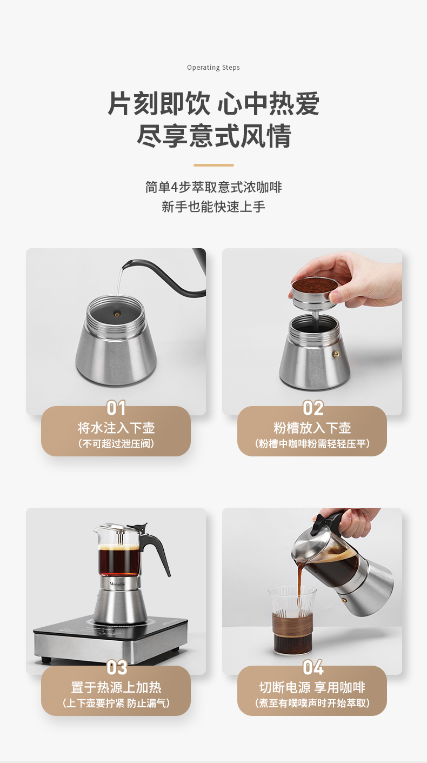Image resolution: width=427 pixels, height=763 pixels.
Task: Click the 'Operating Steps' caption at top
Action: coord(213,68)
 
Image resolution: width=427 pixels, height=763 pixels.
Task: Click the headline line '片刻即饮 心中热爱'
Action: coord(213,104)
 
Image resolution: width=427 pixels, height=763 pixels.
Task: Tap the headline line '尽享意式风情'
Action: coord(213,136)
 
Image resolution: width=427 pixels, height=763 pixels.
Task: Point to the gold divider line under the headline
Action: coord(213,165)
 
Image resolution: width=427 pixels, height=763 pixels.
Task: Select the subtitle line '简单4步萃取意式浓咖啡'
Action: coord(213,188)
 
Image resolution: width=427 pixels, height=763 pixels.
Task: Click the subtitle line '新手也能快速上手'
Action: coord(213,207)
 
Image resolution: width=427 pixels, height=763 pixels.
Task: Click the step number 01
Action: coord(116,408)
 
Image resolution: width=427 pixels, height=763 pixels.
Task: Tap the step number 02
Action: coord(312,408)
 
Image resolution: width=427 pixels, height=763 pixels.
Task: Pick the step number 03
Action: coord(116,667)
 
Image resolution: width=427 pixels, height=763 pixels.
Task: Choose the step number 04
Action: coord(312,667)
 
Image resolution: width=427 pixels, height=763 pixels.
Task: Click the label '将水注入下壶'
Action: coord(116,428)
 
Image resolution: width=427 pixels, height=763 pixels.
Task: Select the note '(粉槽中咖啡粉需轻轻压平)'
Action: coord(312,444)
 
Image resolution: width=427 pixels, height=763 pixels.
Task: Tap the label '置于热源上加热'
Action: coord(116,688)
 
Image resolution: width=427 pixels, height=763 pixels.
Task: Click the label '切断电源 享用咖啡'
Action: coord(312,688)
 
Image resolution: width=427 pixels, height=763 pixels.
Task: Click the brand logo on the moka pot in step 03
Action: coord(117,583)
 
